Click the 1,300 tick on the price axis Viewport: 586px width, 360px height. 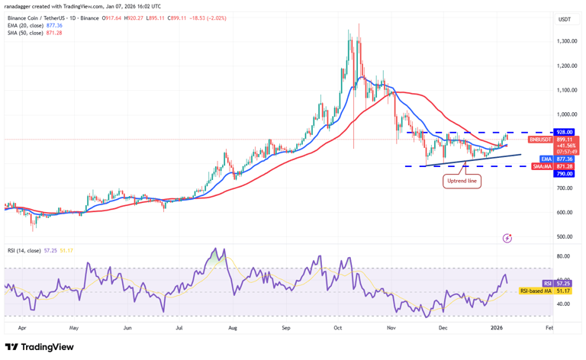[566, 41]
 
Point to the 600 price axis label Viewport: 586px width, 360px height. [565, 213]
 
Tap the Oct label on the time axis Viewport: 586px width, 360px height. [336, 328]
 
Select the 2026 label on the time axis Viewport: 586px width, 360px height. [496, 328]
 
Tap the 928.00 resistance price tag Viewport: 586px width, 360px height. [564, 132]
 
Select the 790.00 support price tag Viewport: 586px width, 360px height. [564, 174]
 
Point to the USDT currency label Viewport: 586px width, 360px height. [565, 19]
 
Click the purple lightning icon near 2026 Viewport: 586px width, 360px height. [507, 239]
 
